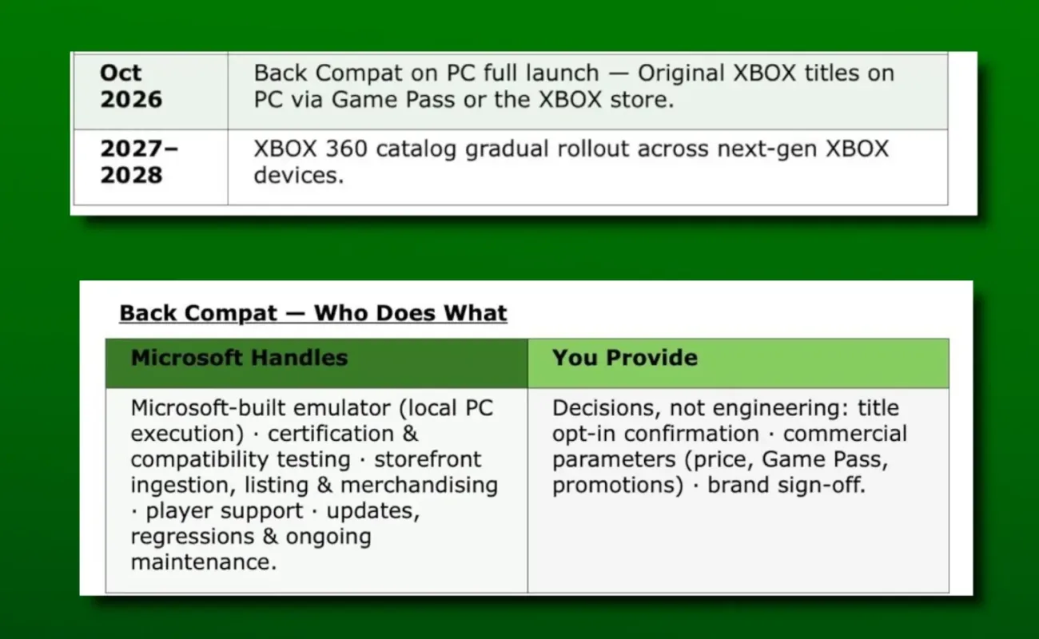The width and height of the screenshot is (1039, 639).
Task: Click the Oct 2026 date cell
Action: (x=151, y=91)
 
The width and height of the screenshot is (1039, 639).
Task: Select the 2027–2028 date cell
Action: (x=151, y=167)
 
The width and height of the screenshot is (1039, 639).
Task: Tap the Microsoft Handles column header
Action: (x=316, y=363)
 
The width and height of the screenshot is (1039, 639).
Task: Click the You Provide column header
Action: (x=738, y=363)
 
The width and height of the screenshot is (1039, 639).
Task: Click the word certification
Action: (x=331, y=434)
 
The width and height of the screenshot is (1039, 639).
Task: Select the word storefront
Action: (x=428, y=459)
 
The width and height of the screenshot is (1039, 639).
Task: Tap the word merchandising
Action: (x=420, y=486)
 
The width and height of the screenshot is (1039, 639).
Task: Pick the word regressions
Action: (x=193, y=538)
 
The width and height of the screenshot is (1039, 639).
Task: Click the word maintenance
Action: (x=204, y=562)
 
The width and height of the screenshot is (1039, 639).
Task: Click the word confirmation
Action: (x=691, y=434)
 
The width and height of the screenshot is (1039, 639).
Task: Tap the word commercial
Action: (x=845, y=434)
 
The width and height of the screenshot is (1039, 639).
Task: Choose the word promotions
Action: (x=618, y=486)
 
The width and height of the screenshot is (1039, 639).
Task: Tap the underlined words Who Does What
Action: (x=411, y=313)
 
